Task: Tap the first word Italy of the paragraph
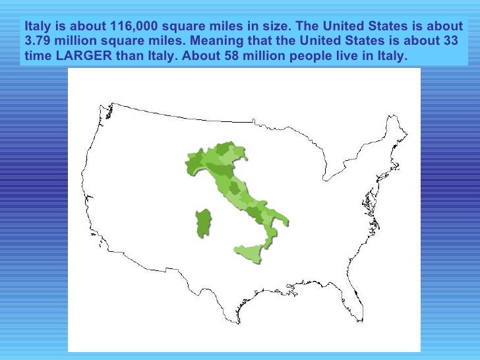pyautogui.click(x=37, y=27)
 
